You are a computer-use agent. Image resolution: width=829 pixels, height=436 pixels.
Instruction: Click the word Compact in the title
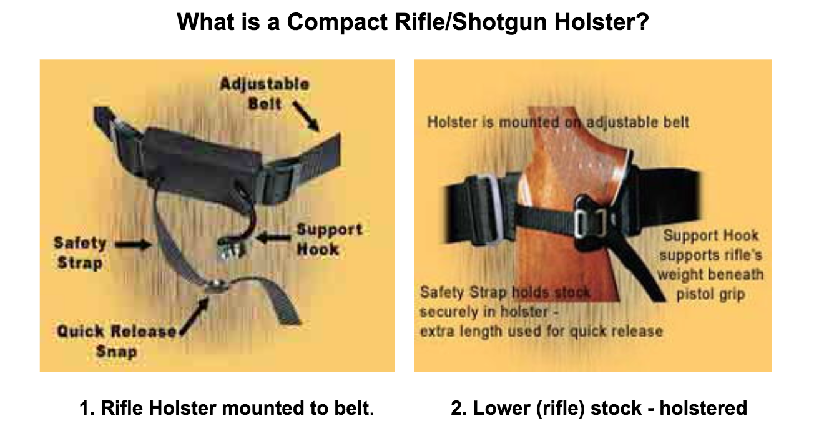pyautogui.click(x=337, y=22)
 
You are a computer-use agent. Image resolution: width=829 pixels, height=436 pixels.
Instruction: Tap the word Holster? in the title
pyautogui.click(x=601, y=22)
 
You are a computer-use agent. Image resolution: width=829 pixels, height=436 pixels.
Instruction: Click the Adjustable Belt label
pyautogui.click(x=265, y=94)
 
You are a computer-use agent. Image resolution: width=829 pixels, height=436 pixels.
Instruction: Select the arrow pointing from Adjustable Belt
pyautogui.click(x=306, y=116)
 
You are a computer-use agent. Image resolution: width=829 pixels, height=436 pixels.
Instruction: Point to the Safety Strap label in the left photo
pyautogui.click(x=81, y=254)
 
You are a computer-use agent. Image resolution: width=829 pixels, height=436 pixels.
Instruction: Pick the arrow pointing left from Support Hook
pyautogui.click(x=274, y=238)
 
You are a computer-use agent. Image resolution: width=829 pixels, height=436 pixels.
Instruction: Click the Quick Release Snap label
pyautogui.click(x=117, y=341)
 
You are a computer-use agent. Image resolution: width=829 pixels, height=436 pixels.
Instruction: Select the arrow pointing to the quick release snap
pyautogui.click(x=195, y=316)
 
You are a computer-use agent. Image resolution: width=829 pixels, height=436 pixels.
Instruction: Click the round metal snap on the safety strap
pyautogui.click(x=215, y=286)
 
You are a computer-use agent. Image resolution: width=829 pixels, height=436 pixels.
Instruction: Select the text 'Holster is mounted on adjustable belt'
pyautogui.click(x=558, y=122)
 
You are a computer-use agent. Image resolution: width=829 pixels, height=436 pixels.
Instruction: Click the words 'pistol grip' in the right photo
pyautogui.click(x=710, y=294)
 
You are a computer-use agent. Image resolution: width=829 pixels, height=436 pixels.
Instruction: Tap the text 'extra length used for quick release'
pyautogui.click(x=541, y=331)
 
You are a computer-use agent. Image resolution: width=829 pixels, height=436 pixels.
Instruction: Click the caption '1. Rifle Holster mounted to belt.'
pyautogui.click(x=227, y=408)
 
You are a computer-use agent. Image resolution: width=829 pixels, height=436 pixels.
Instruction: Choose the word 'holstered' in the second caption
pyautogui.click(x=703, y=408)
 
